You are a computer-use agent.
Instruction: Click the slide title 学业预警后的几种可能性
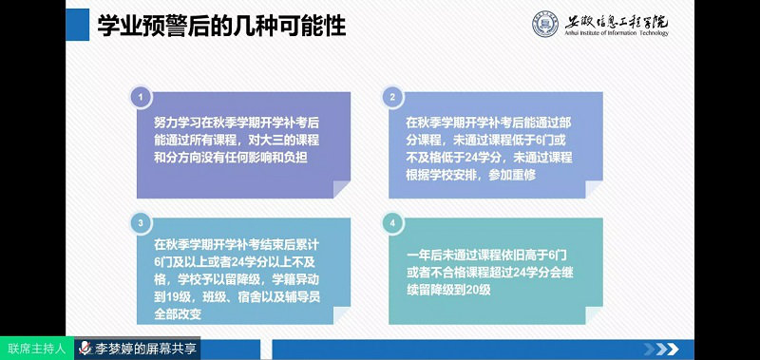(221, 26)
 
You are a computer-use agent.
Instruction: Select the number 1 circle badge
(142, 98)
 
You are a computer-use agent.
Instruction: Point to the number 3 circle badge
(142, 223)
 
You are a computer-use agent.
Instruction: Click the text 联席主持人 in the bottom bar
(36, 349)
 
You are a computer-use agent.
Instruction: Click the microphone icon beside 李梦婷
(85, 349)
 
